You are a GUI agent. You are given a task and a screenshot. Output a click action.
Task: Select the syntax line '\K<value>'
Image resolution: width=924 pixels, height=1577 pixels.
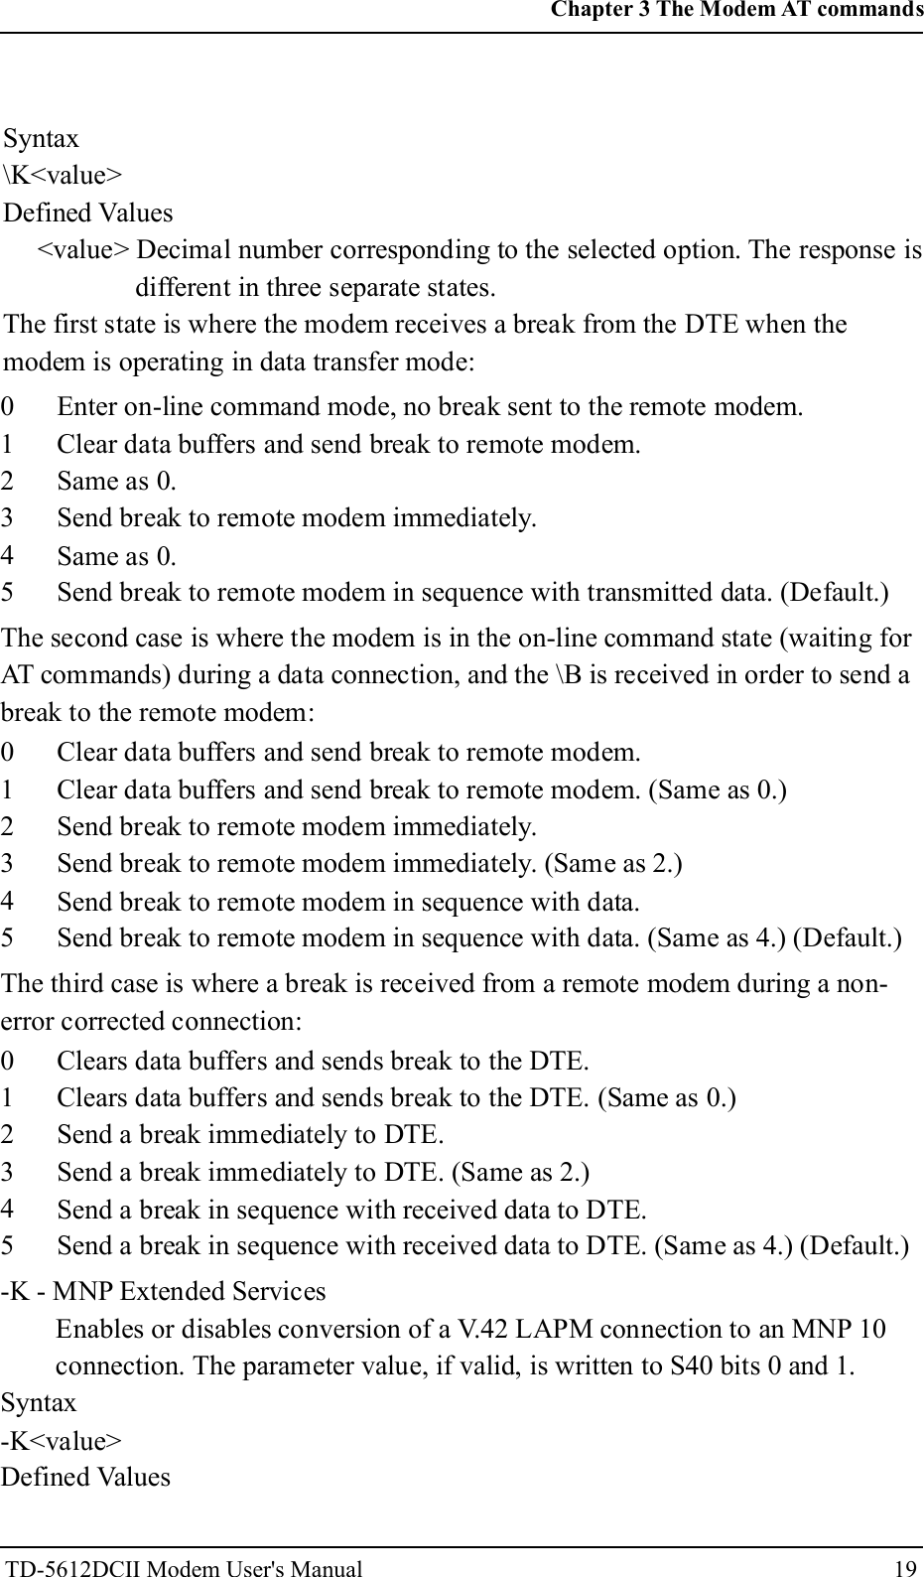click(64, 176)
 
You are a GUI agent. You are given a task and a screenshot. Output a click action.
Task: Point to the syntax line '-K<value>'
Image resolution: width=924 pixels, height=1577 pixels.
click(62, 1441)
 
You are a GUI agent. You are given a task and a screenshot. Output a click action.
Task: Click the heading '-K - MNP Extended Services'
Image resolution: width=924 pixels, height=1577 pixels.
click(164, 1291)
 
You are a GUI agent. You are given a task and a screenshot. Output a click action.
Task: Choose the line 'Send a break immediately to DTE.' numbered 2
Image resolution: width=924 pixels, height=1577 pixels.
click(250, 1134)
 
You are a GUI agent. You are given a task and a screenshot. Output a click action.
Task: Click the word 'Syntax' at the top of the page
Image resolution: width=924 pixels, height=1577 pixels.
click(42, 138)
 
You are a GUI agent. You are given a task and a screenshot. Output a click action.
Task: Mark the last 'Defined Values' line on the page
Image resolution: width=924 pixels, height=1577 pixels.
click(85, 1477)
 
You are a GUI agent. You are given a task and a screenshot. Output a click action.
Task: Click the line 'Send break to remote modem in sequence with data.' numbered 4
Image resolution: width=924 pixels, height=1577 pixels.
click(347, 902)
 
